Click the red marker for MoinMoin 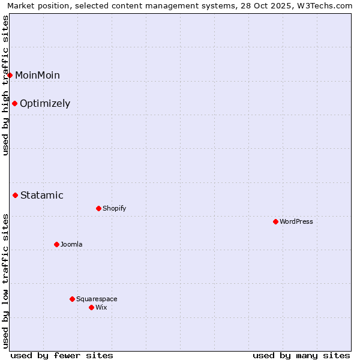(10, 75)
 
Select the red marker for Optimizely (15, 103)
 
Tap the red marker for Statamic (16, 195)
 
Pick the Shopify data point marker (99, 208)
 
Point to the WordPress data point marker (276, 221)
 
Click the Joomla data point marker (57, 244)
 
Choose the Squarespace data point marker (73, 299)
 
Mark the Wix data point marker (92, 307)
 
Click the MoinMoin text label (37, 75)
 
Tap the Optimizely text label (45, 103)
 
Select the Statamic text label (42, 195)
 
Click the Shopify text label (114, 208)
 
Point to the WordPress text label (296, 221)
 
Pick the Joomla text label (71, 244)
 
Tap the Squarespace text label (97, 299)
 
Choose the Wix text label (101, 307)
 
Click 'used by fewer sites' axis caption (62, 355)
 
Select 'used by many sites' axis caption (301, 355)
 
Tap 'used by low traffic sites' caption (6, 281)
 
